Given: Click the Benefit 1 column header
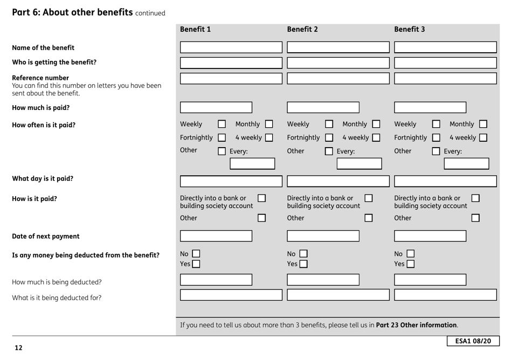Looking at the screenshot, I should (x=195, y=30).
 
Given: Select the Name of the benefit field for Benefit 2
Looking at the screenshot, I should (x=338, y=47).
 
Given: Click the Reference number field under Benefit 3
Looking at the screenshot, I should (x=445, y=78).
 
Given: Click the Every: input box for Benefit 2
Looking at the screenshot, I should (x=363, y=163).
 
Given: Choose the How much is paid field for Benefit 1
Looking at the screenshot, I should (x=216, y=108).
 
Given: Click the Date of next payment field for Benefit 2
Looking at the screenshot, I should (x=323, y=236).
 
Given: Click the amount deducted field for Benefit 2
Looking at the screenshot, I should (x=323, y=279).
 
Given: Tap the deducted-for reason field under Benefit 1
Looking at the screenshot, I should (x=231, y=295).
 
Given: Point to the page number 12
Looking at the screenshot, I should (x=18, y=348).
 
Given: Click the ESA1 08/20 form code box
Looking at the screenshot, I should (x=472, y=341).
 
